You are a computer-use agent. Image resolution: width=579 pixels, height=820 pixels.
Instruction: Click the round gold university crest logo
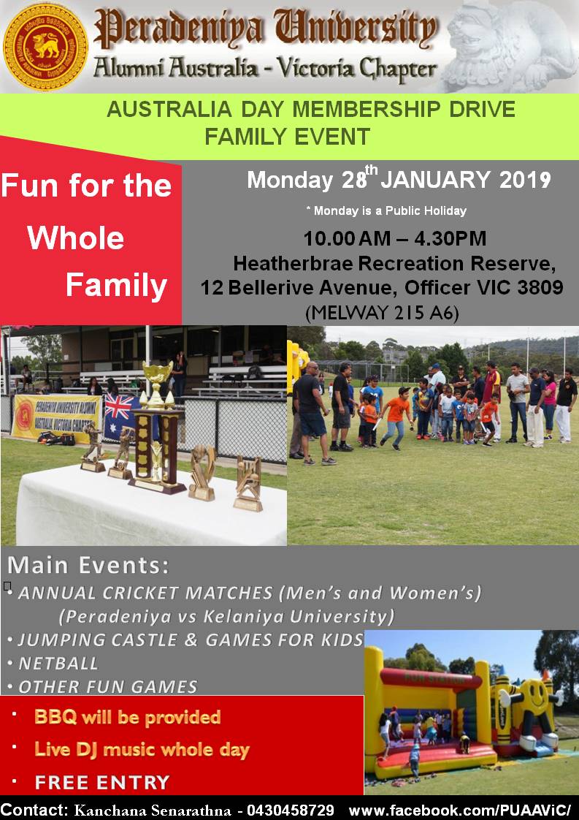coord(45,47)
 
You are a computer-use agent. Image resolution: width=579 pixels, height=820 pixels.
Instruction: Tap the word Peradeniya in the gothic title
coord(178,29)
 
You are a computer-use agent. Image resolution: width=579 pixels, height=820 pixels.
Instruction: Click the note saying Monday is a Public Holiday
coord(386,210)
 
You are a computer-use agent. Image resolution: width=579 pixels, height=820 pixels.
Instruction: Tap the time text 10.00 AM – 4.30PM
coord(394,238)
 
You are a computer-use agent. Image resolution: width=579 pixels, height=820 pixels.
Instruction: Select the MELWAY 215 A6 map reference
coord(382,313)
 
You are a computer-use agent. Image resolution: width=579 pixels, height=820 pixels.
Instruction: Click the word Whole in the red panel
coord(76,238)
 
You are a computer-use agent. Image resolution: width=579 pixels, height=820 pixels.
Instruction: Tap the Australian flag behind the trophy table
coord(121,417)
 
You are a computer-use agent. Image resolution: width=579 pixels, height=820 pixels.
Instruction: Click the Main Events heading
coord(88,566)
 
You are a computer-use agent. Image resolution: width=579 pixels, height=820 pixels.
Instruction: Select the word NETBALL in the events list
coord(58,663)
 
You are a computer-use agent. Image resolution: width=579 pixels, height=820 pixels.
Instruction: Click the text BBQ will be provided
coord(128,717)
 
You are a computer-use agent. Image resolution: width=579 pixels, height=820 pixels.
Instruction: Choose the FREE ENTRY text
coord(102,782)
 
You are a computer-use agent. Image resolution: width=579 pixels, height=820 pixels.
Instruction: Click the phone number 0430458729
coord(290,810)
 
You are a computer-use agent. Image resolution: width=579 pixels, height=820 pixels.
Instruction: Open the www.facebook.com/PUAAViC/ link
coord(460,810)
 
